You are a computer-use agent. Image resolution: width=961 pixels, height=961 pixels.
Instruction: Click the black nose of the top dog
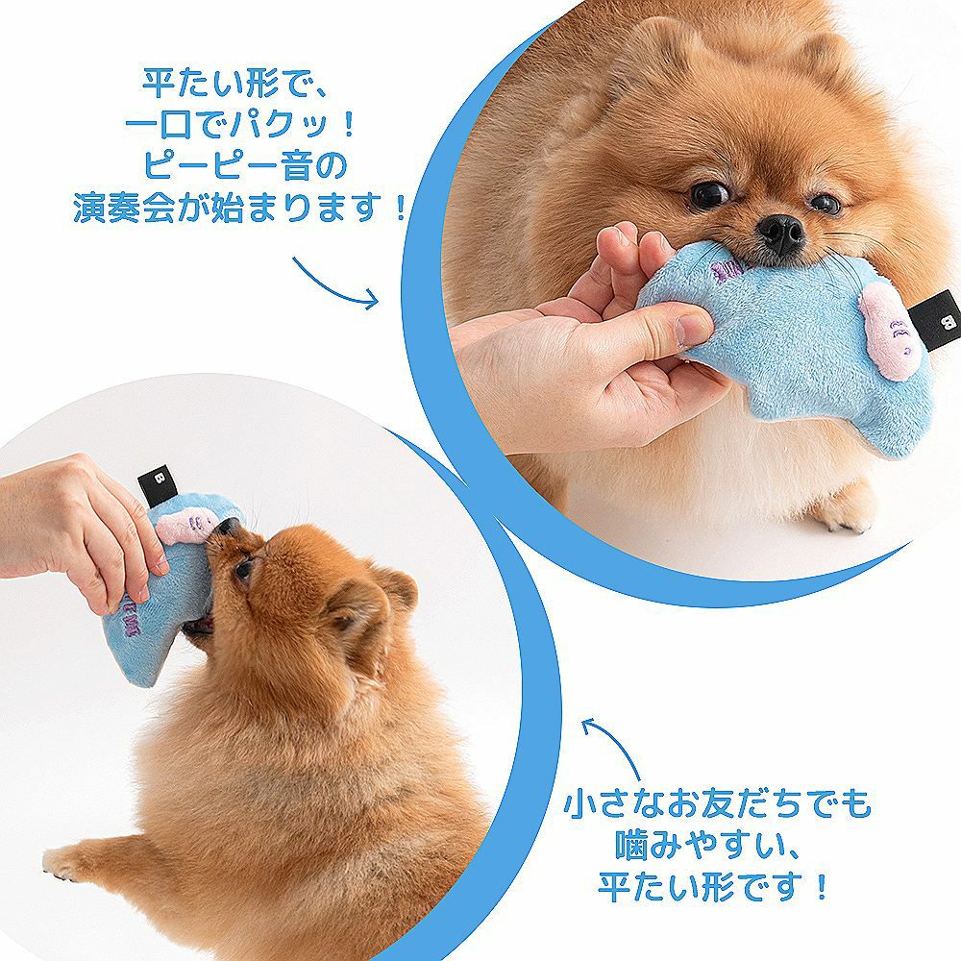click(780, 234)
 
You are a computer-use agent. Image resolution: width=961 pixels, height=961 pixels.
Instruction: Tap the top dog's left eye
click(709, 195)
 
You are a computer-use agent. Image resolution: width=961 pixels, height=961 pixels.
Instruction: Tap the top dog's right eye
click(825, 204)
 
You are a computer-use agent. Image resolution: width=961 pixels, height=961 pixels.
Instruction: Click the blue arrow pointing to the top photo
click(336, 283)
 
